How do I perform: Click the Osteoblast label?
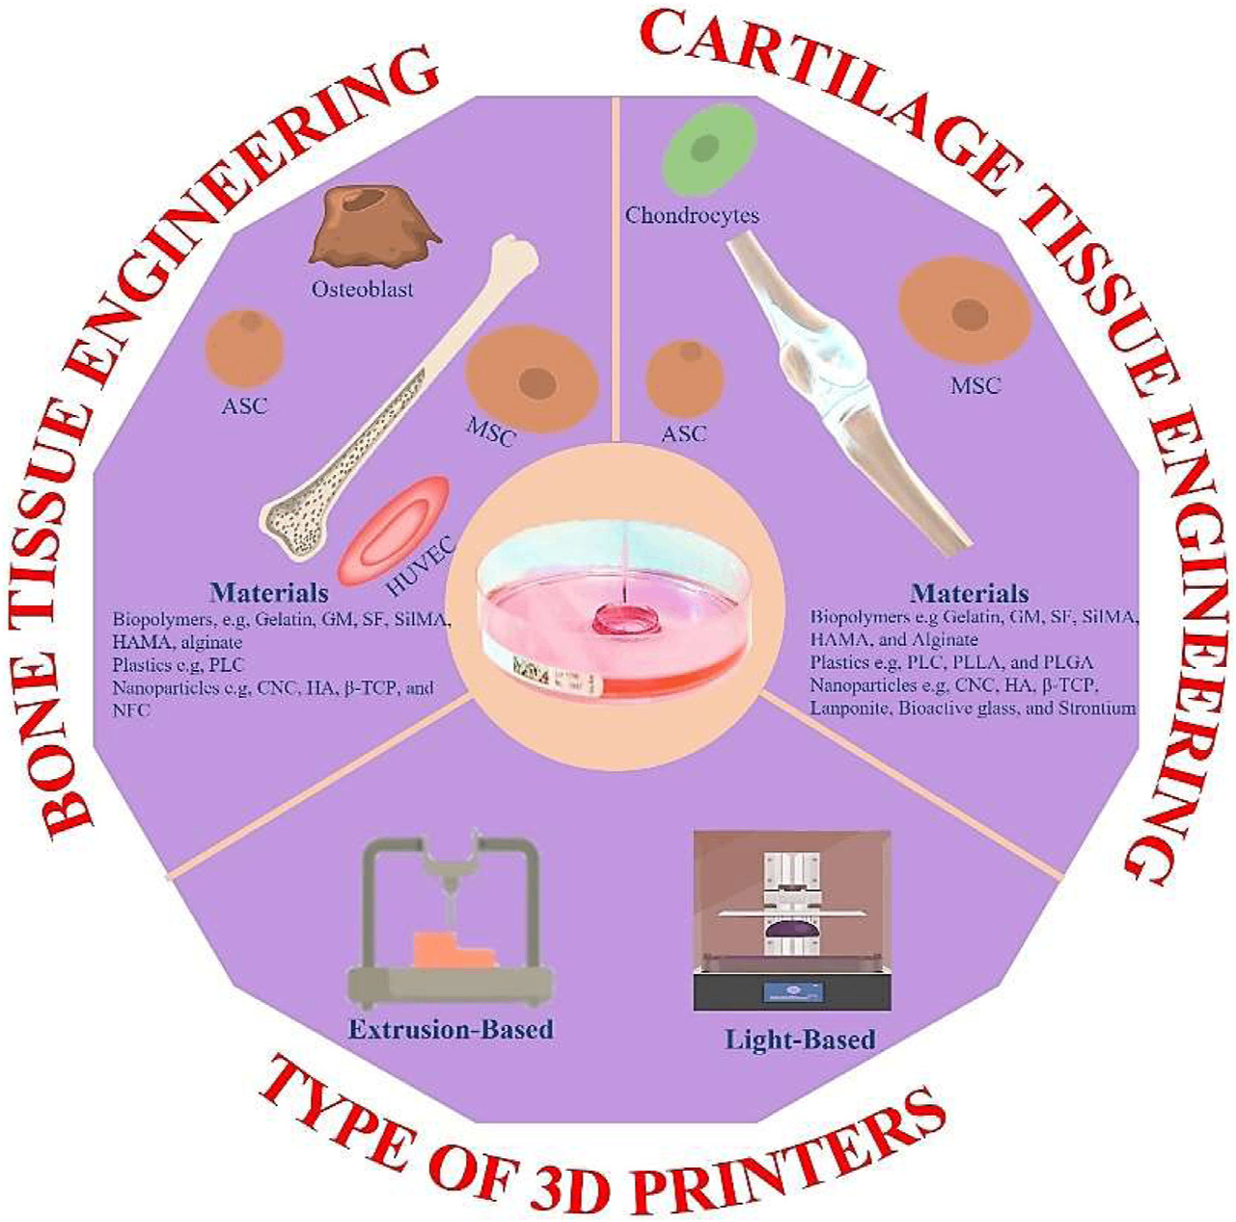pos(362,288)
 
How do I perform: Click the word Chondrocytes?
pos(692,214)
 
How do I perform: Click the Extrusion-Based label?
pos(451,1029)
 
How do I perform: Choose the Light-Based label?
pos(800,1040)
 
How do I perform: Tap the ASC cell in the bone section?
pos(244,348)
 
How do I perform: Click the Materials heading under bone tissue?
pos(268,592)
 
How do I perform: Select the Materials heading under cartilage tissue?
pos(970,593)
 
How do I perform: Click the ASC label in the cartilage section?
pos(684,433)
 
